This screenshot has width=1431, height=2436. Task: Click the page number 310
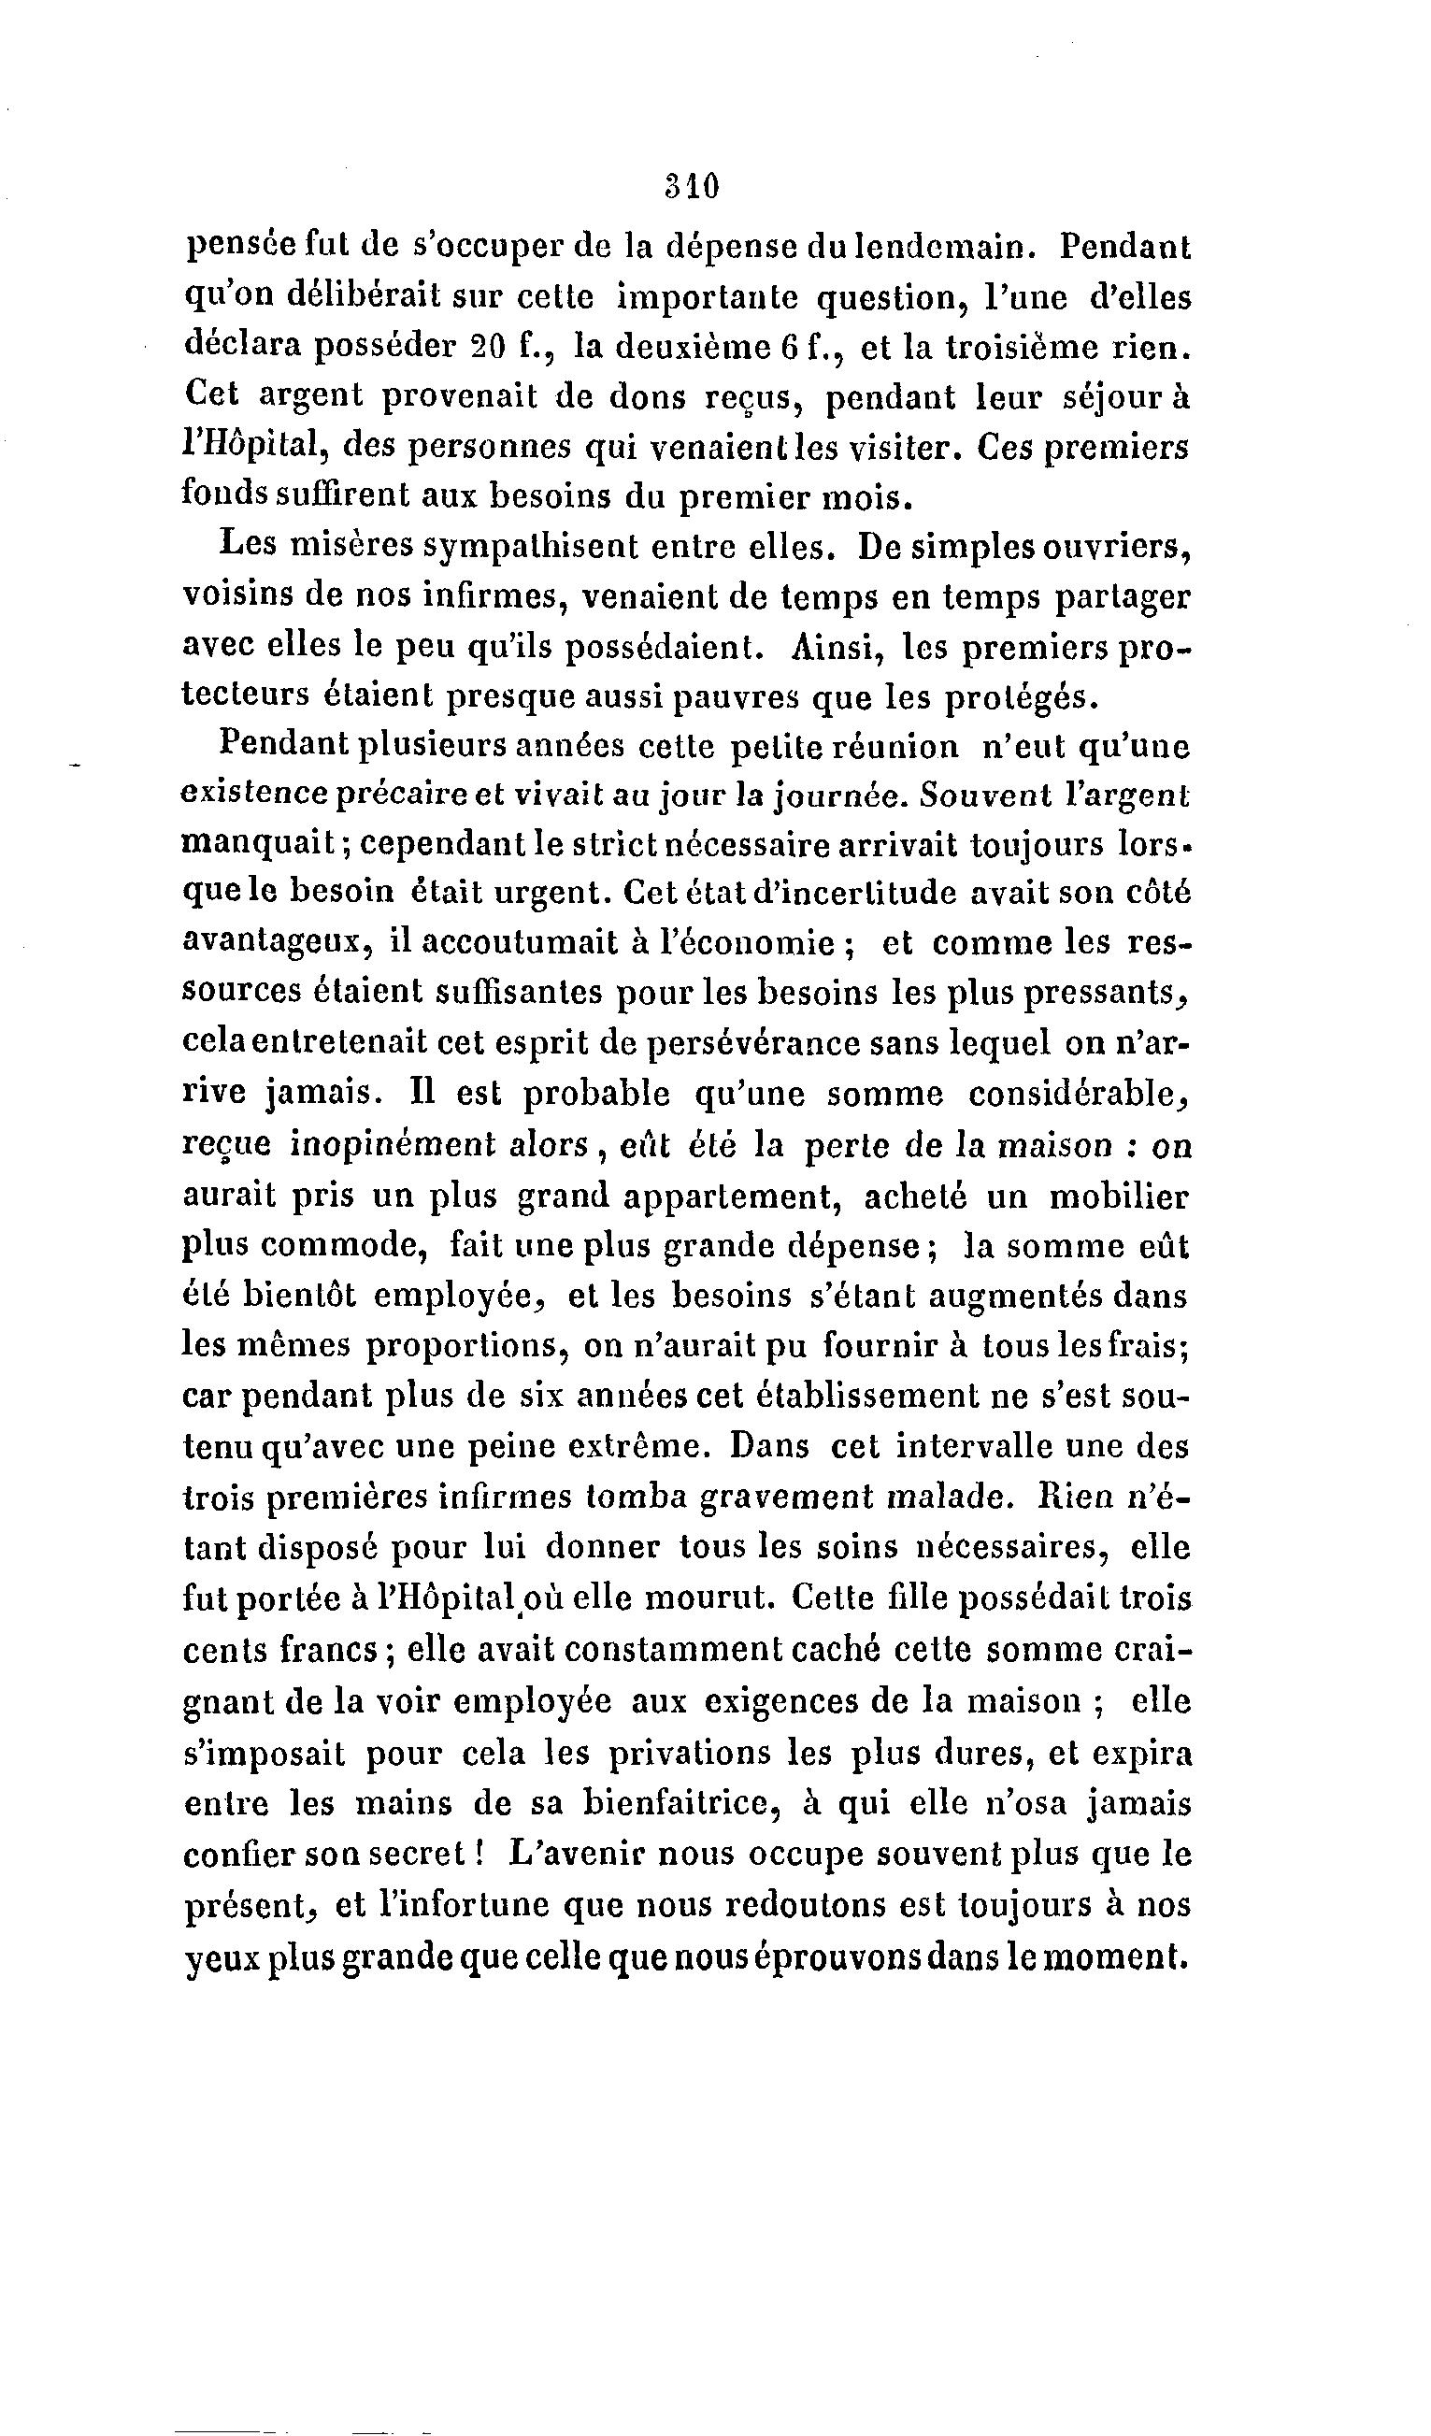click(693, 186)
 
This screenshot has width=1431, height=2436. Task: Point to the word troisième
click(1034, 347)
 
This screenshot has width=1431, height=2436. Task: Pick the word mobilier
click(1120, 1197)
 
